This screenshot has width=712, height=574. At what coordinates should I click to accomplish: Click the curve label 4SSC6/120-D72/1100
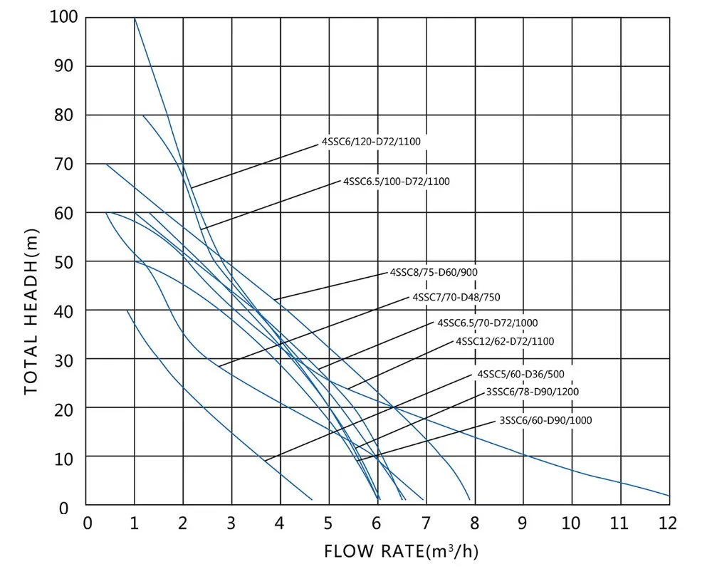371,142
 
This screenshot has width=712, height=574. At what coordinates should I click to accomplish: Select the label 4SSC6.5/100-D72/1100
396,182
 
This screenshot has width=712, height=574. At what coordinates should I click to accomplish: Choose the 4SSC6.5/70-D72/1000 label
488,323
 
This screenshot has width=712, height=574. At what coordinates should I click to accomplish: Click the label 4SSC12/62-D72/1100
505,341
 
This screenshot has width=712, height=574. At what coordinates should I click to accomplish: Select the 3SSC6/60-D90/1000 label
545,420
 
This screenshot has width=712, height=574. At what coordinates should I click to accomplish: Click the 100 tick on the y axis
63,17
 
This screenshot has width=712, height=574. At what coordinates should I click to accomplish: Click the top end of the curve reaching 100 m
135,19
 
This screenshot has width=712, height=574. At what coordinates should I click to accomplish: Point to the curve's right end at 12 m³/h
669,495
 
